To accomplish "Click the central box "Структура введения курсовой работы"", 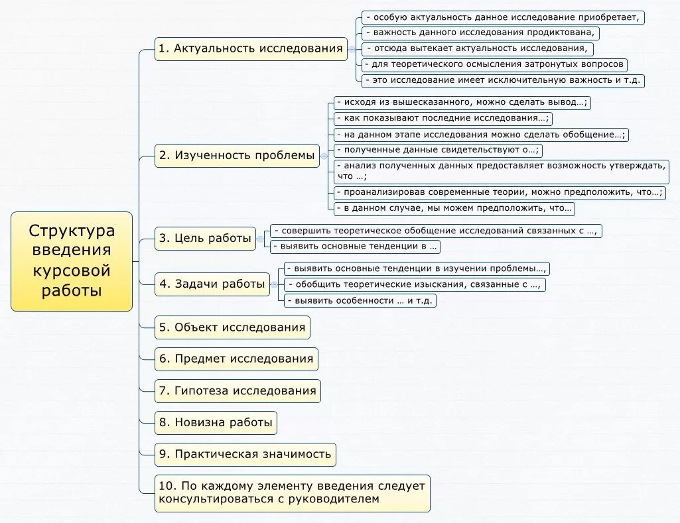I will coord(72,261).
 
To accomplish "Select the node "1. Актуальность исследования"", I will coord(251,49).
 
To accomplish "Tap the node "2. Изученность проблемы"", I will coord(238,156).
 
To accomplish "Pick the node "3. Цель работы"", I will coord(206,239).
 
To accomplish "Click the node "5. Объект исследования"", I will coord(232,327).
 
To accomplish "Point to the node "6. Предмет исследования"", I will coord(236,359).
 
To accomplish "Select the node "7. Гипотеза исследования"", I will coord(238,391).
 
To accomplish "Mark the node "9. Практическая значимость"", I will coord(245,455).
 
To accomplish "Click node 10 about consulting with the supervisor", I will coord(292,493).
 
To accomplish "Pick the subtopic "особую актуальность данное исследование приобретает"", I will coord(503,18).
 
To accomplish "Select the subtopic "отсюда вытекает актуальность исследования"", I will coord(477,48).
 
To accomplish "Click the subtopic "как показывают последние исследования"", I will coord(442,119).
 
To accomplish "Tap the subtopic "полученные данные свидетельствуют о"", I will coord(437,150).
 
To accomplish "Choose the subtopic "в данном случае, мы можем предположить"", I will coord(454,208).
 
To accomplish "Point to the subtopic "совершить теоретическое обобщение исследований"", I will coord(436,231).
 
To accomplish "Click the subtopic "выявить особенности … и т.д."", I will coord(360,300).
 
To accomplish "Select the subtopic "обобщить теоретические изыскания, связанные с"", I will coord(415,284).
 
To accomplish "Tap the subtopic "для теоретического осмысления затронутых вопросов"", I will coord(494,64).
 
